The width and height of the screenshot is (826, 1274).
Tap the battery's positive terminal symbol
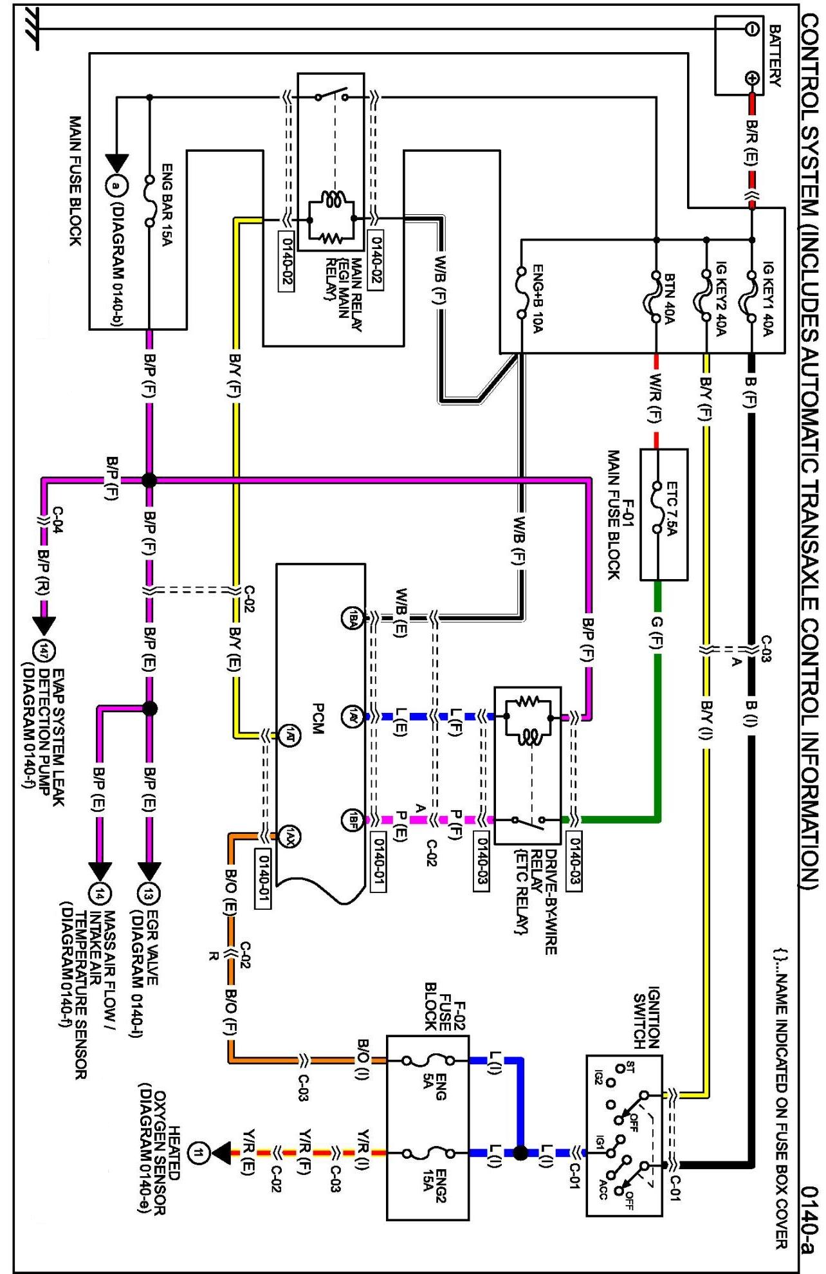point(751,78)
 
